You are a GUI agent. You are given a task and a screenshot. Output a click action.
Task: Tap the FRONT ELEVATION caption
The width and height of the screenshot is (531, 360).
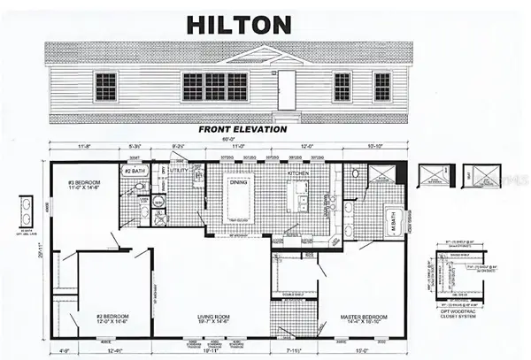coord(242,128)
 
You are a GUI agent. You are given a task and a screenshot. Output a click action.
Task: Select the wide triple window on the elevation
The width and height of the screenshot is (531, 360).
coord(215,86)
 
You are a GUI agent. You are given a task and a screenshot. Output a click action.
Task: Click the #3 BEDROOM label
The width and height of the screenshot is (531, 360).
coord(83,186)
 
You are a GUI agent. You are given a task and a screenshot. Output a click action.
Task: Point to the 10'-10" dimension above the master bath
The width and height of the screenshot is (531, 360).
coord(376,148)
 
